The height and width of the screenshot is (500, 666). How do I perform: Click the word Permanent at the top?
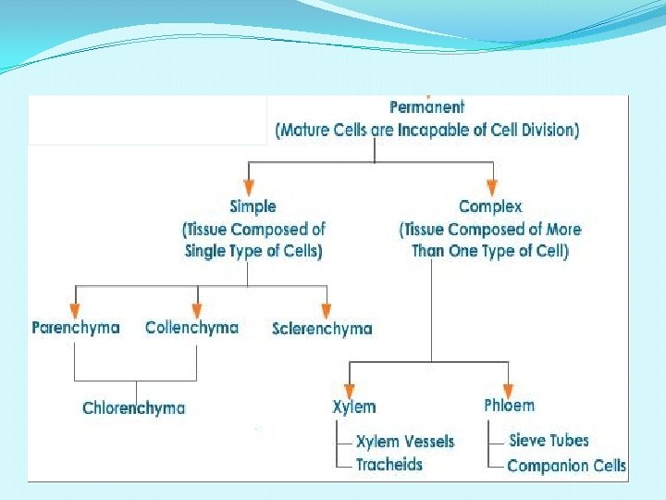[x=427, y=108]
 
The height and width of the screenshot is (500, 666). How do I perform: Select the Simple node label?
[x=253, y=206]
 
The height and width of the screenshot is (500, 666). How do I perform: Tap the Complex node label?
[x=490, y=206]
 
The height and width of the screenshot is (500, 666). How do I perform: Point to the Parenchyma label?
[x=76, y=328]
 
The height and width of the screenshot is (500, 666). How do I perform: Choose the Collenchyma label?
[x=191, y=328]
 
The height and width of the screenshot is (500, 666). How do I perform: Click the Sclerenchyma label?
[x=323, y=329]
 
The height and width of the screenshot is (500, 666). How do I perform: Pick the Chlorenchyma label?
[x=134, y=408]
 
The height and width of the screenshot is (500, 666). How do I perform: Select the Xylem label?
[x=354, y=406]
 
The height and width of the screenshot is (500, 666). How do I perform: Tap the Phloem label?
[x=509, y=406]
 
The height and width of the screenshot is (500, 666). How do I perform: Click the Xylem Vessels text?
[x=405, y=442]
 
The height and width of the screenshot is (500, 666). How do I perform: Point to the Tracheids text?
[x=389, y=464]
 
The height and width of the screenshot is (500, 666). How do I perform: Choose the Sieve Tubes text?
[x=549, y=441]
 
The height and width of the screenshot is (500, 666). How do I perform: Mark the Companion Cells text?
[x=566, y=466]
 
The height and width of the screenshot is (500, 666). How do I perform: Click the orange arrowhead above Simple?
[x=247, y=185]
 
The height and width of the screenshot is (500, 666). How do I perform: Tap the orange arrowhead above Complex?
[x=491, y=185]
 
